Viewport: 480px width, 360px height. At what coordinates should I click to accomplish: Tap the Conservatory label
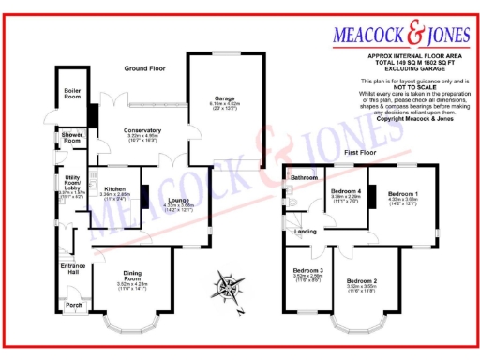click(x=143, y=130)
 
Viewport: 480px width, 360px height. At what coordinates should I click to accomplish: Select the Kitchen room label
click(x=114, y=188)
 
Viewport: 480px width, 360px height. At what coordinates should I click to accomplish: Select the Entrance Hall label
click(x=73, y=268)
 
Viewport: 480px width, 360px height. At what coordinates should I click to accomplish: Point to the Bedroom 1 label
click(x=403, y=192)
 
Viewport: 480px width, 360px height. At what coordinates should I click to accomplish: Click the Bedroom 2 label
click(x=361, y=280)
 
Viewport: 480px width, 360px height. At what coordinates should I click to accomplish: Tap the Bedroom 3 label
click(x=308, y=268)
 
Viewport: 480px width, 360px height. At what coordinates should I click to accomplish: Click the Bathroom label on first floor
click(x=304, y=176)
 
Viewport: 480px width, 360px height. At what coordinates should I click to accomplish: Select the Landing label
click(x=306, y=231)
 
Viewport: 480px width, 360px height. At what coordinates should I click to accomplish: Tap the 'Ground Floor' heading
click(x=146, y=67)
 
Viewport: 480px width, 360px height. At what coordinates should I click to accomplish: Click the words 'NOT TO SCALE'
click(x=405, y=89)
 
